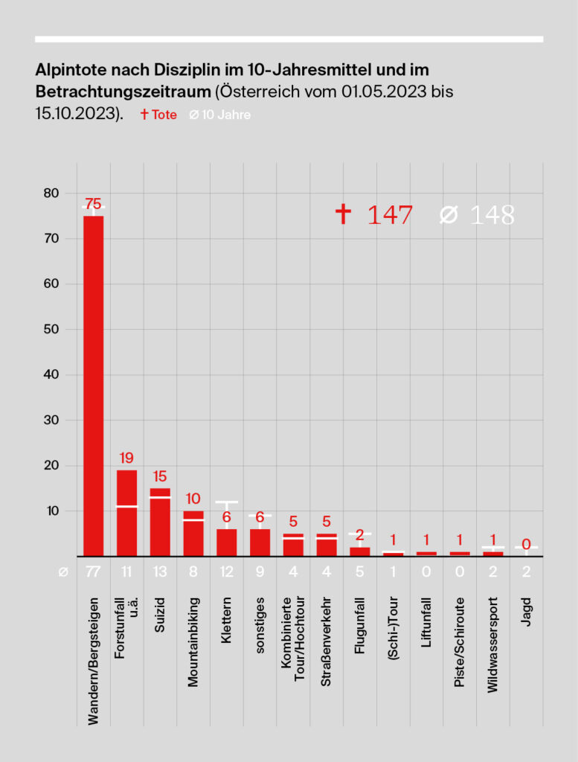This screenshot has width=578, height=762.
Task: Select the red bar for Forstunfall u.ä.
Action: (x=126, y=513)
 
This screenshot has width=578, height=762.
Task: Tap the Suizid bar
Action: (x=160, y=522)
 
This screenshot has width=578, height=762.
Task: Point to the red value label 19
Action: (x=126, y=458)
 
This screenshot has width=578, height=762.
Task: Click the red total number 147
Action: (x=389, y=215)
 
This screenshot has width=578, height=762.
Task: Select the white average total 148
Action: (x=492, y=215)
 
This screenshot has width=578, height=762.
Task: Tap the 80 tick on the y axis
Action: (x=50, y=193)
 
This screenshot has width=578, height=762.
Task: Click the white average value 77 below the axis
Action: (x=93, y=572)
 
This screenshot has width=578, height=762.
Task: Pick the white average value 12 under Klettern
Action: (x=226, y=572)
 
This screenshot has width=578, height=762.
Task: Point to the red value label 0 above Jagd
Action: (x=526, y=544)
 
